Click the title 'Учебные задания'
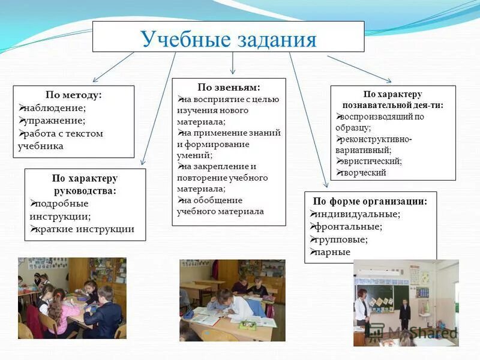point(228,40)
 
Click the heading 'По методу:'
point(73,95)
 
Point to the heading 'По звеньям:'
point(229,88)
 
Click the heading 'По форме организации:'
point(370,201)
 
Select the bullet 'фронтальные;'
point(349,226)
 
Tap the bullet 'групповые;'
point(341,239)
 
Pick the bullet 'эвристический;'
point(371,161)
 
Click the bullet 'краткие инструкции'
point(84,229)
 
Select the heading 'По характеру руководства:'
point(85,184)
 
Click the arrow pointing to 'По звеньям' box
point(233,64)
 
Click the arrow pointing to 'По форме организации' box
point(308,120)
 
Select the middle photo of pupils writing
point(232,300)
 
